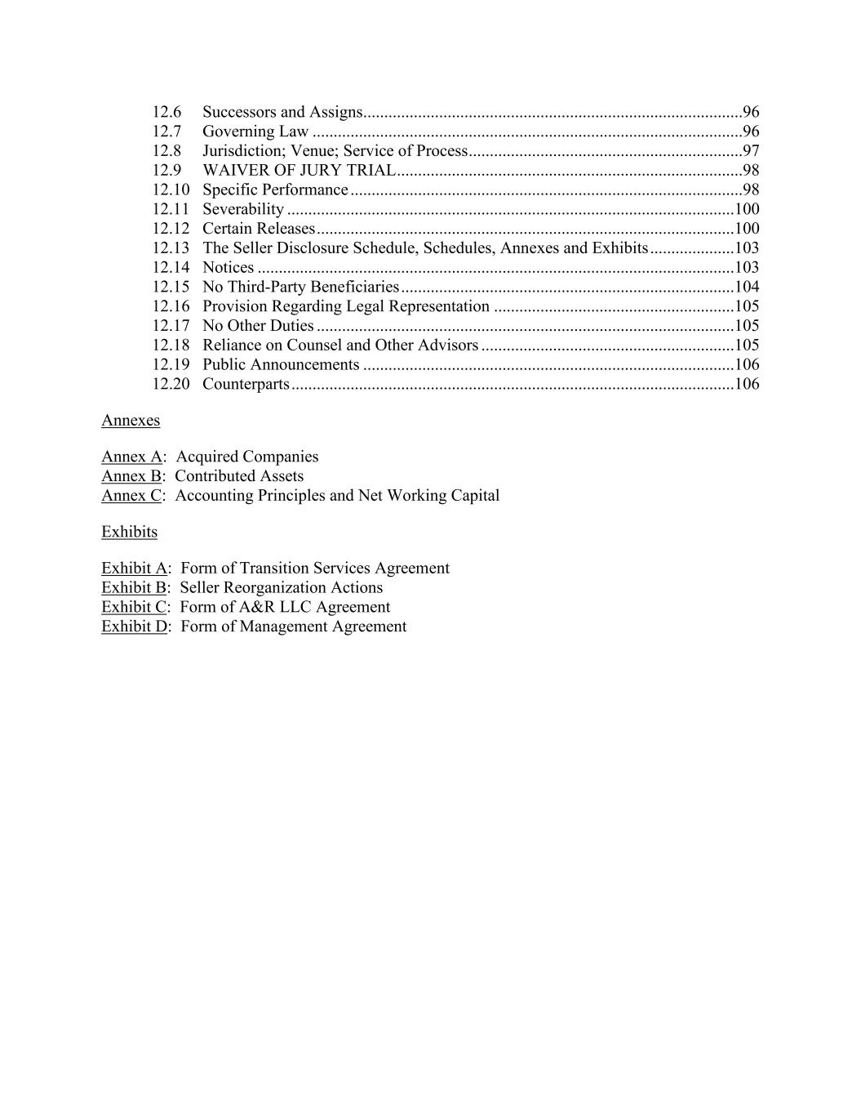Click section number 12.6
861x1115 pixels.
pos(166,112)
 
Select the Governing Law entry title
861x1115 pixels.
pos(255,132)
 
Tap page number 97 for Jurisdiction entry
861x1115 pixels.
pos(751,151)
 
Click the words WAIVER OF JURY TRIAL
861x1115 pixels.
pos(299,171)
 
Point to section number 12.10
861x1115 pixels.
pos(171,190)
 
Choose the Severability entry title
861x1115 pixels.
pos(243,209)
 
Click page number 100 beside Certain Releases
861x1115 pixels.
pos(747,229)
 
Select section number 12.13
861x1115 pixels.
pos(171,248)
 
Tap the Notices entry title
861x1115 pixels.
pos(228,268)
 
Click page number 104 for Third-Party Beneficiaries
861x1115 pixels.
pos(747,287)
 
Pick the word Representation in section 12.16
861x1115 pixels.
pos(439,306)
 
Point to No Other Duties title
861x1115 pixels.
pos(258,326)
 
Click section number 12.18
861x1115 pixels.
pos(171,346)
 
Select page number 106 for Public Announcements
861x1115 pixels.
pos(747,364)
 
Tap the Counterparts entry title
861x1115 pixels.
pos(246,384)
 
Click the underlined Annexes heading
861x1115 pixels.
pos(131,421)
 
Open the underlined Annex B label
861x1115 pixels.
pos(131,476)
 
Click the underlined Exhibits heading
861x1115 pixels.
pos(129,532)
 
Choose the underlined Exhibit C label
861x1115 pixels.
pos(134,607)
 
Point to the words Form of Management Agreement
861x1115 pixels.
pos(293,627)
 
